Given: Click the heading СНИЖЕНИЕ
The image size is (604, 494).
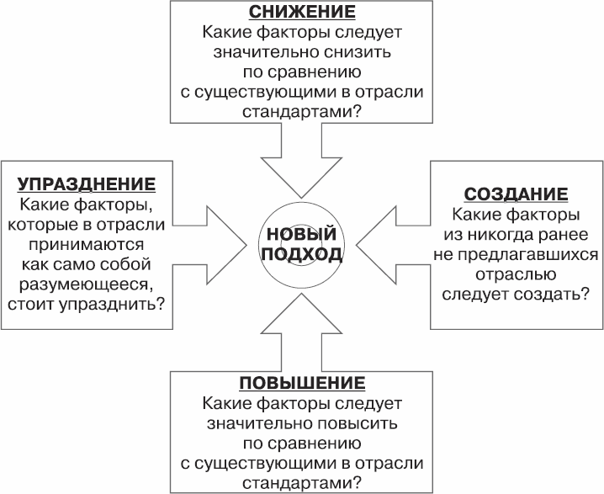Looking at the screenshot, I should point(302,13).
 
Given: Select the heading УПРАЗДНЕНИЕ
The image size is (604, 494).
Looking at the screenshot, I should point(87,184).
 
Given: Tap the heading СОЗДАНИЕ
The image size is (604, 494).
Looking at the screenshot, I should point(517,194).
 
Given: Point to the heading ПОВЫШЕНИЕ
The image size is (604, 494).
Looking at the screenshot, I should point(301,384).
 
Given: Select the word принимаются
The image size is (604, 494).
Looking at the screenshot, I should point(87,244).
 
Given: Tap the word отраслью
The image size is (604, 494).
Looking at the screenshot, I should point(517,274).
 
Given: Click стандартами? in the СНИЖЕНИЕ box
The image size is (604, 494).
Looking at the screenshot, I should point(302,111).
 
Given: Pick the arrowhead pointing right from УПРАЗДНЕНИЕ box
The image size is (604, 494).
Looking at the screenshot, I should point(226,244).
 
